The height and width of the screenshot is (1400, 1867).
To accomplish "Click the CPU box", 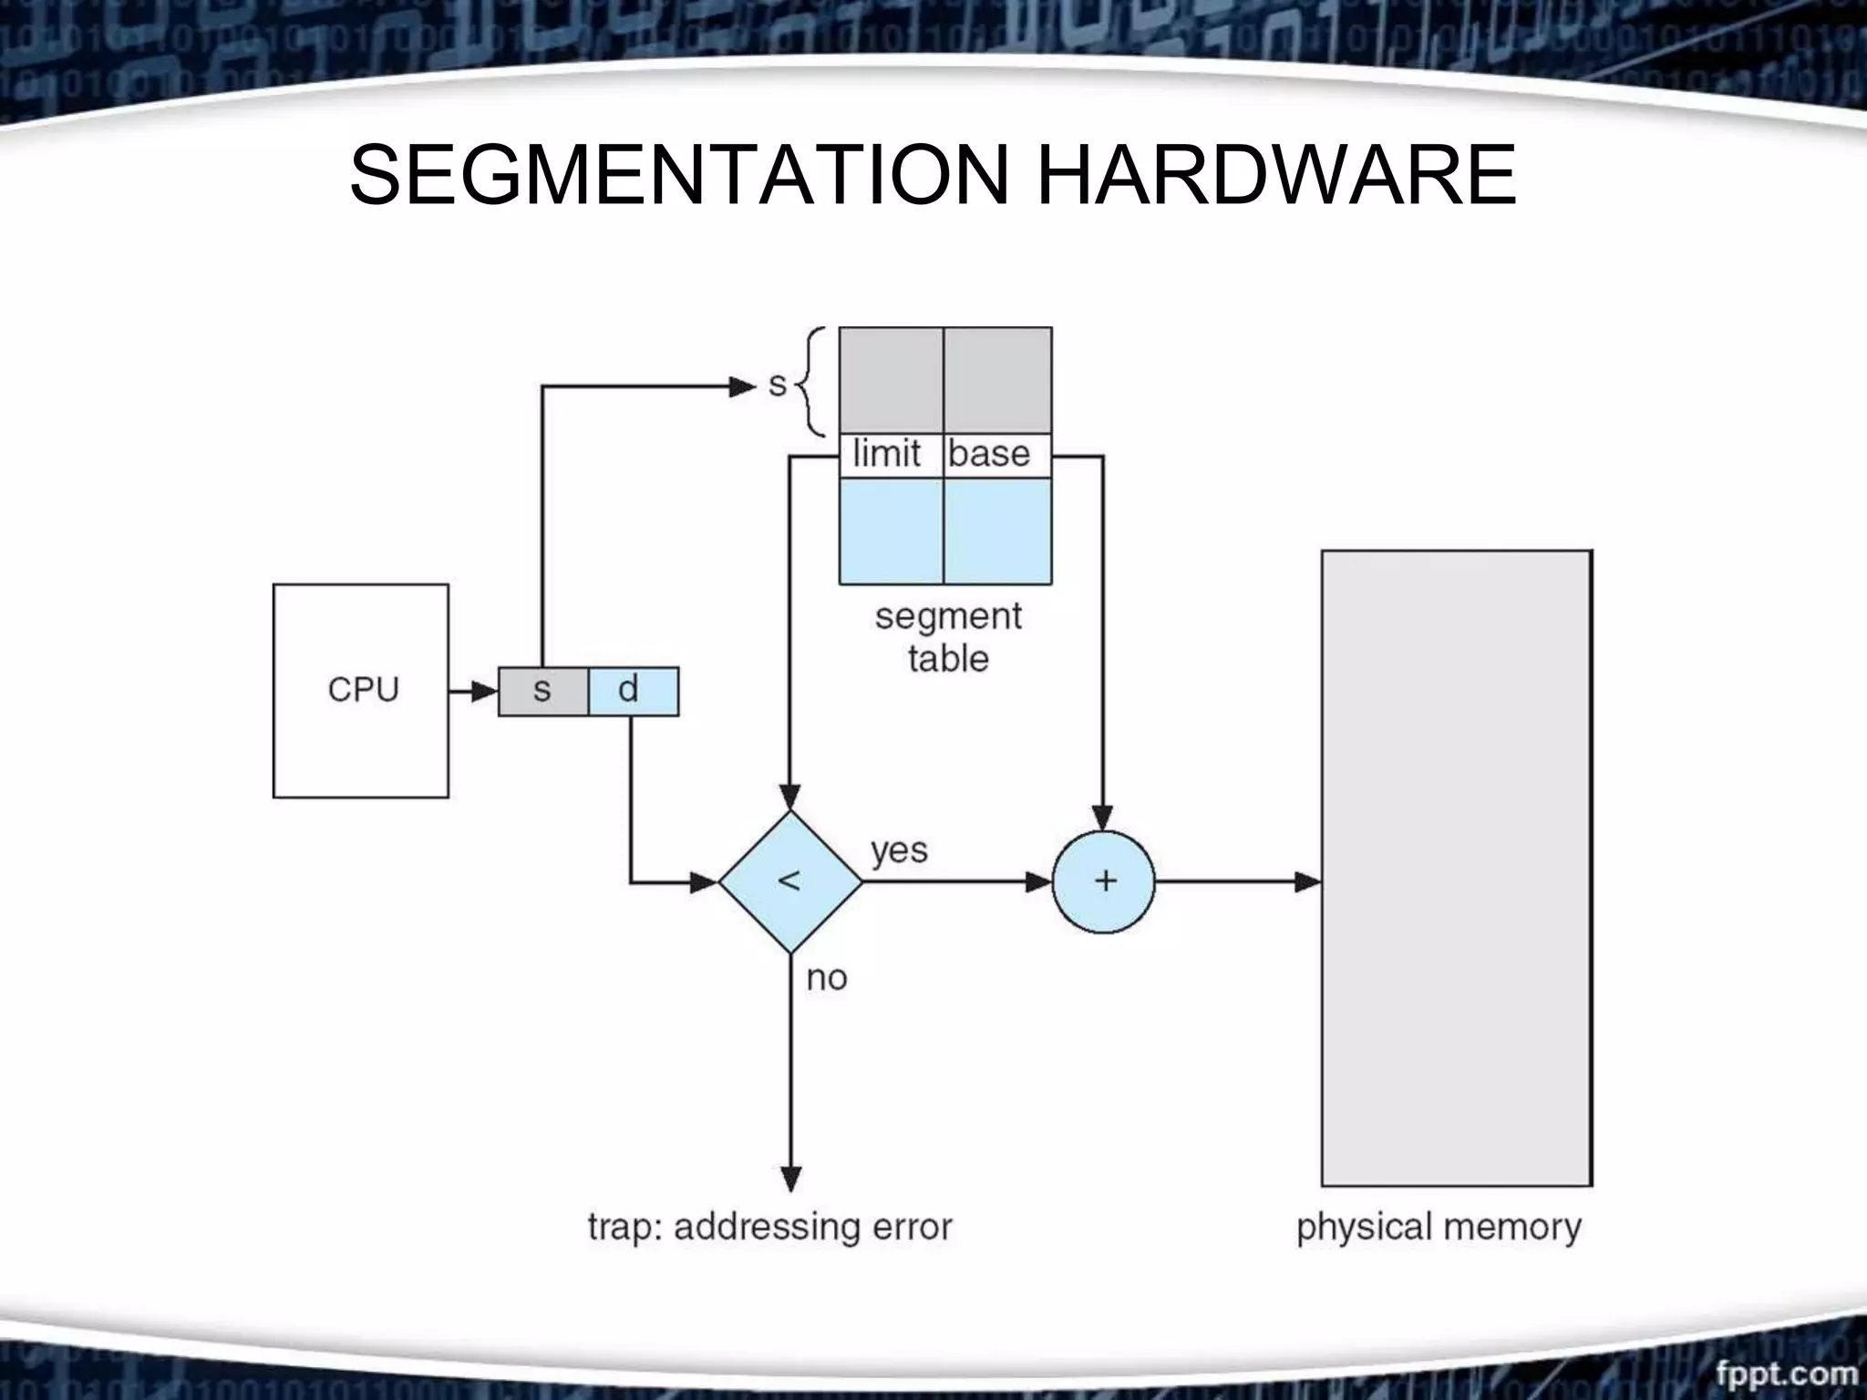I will [361, 691].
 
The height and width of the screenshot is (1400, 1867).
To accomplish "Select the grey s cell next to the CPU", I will [543, 691].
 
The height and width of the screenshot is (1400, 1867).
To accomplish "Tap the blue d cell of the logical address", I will [634, 691].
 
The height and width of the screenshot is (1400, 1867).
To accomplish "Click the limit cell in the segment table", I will [890, 454].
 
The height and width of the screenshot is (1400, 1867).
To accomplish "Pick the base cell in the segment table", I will [995, 454].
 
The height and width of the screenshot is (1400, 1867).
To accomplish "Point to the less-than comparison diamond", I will [790, 881].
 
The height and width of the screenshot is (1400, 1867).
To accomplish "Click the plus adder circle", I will [1103, 881].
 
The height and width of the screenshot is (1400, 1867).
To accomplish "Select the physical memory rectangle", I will [1457, 868].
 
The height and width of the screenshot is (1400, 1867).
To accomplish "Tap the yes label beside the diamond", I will [899, 850].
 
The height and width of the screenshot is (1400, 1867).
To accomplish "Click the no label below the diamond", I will [827, 978].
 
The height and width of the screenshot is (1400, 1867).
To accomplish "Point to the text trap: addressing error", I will [769, 1227].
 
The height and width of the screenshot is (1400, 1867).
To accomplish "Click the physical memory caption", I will [1439, 1227].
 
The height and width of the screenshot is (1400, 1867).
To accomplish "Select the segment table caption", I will [948, 637].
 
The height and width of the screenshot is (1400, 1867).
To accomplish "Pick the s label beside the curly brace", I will [777, 385].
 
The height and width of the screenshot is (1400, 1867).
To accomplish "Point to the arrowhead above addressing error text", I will [791, 1179].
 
